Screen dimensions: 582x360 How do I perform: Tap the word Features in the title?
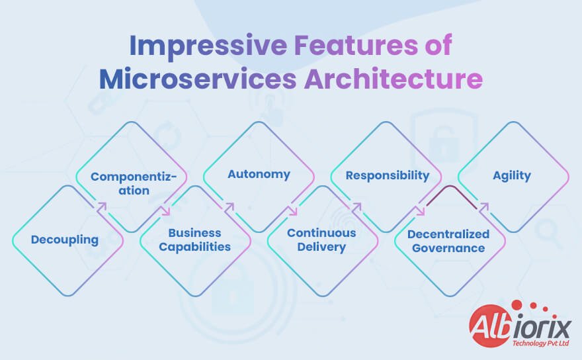point(356,45)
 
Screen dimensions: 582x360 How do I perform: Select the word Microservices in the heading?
point(198,79)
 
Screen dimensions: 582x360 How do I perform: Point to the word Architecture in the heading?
point(394,79)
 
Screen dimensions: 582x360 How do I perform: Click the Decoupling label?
point(65,240)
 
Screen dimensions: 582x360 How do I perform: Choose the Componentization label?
point(134,183)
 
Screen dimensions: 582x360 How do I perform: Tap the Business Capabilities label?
point(195,240)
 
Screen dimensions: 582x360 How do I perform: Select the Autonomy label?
point(259,174)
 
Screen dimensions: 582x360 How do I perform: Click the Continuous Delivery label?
point(321,240)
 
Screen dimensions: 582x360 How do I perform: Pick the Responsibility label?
point(388,175)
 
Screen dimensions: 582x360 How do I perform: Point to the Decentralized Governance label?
point(448,241)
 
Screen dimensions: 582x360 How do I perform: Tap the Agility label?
point(512,175)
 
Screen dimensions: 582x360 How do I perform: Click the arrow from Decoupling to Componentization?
point(102,207)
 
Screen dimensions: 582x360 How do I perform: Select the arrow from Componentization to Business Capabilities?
point(165,210)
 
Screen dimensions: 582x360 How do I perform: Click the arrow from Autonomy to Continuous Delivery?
point(293,210)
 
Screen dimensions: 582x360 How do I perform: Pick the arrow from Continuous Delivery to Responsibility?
point(356,207)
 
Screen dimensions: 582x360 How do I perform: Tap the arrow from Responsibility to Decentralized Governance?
point(420,210)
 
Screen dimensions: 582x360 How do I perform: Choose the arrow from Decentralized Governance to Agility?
point(483,207)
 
